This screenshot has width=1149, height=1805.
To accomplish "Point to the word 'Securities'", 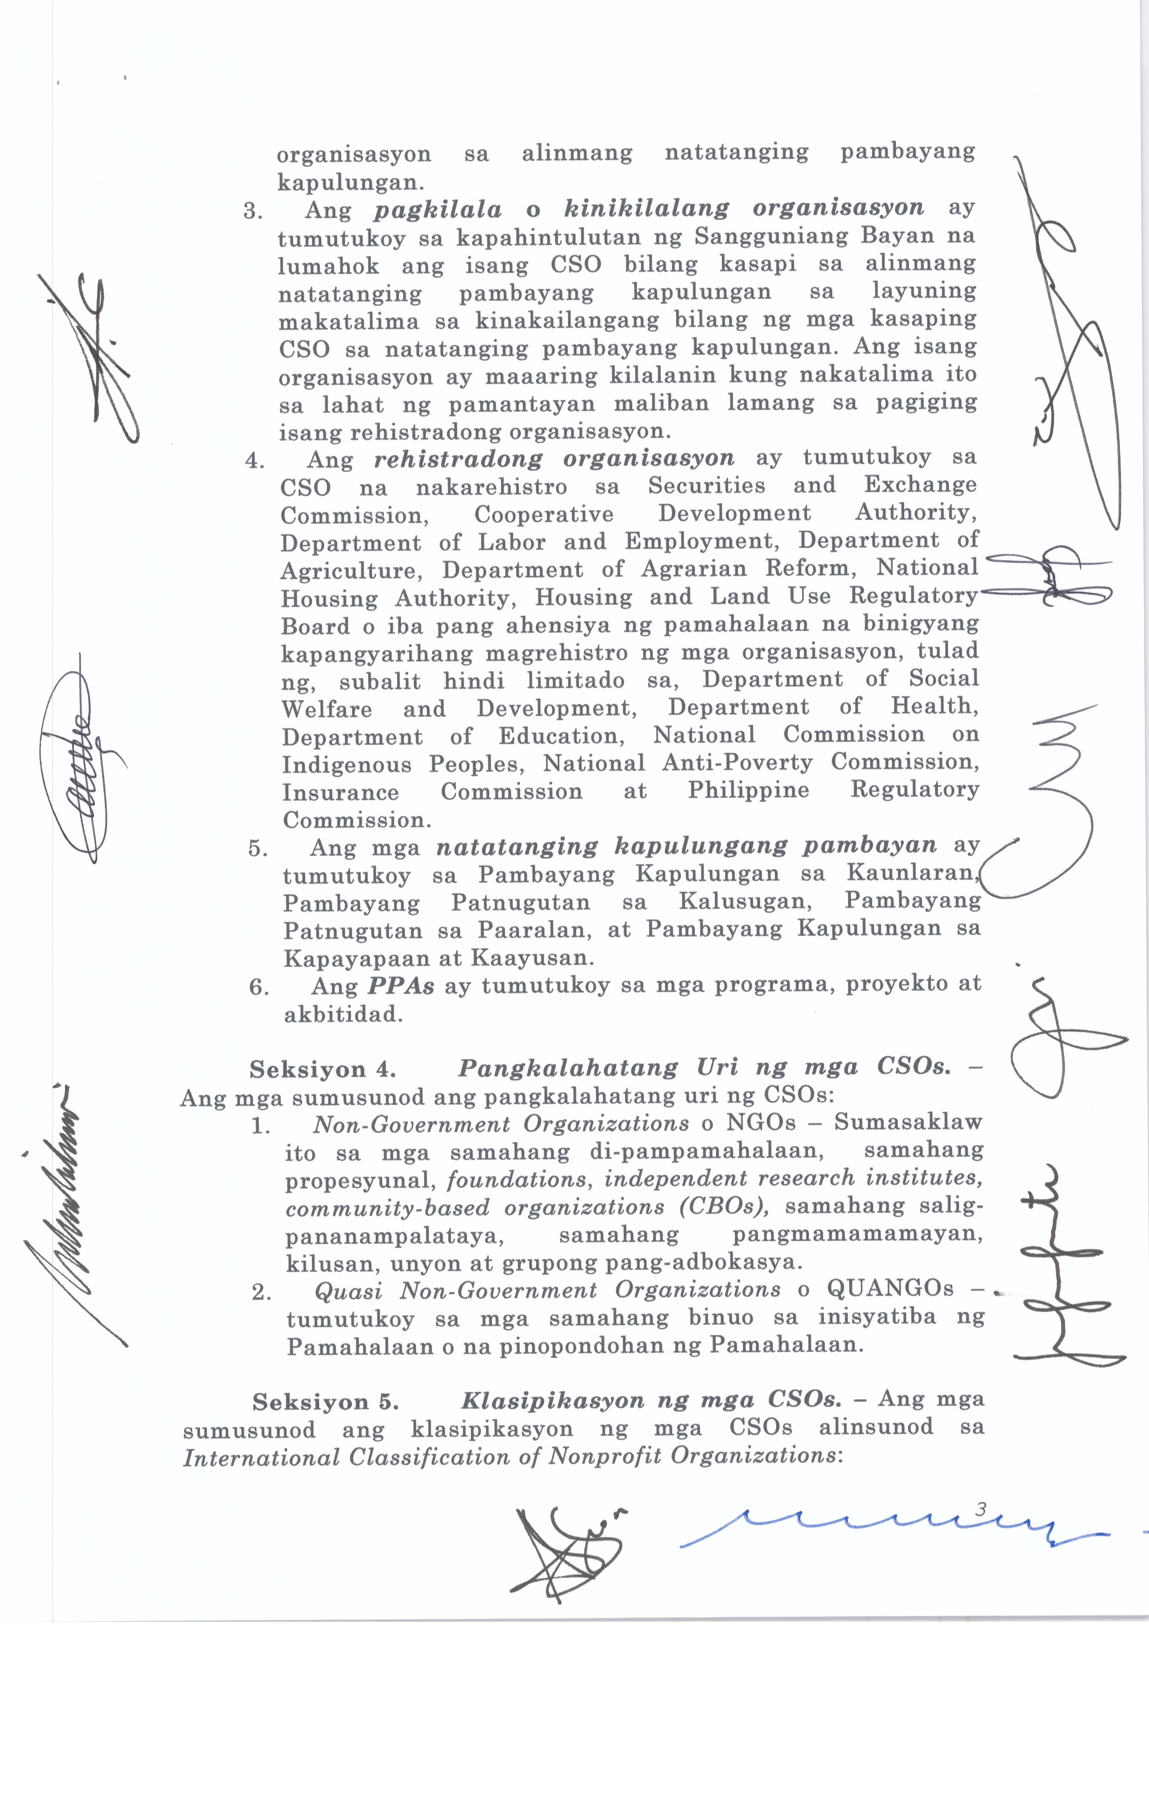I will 707,486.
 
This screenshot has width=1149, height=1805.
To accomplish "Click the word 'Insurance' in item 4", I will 340,792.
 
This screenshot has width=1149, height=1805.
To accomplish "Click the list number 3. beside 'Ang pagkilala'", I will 253,211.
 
